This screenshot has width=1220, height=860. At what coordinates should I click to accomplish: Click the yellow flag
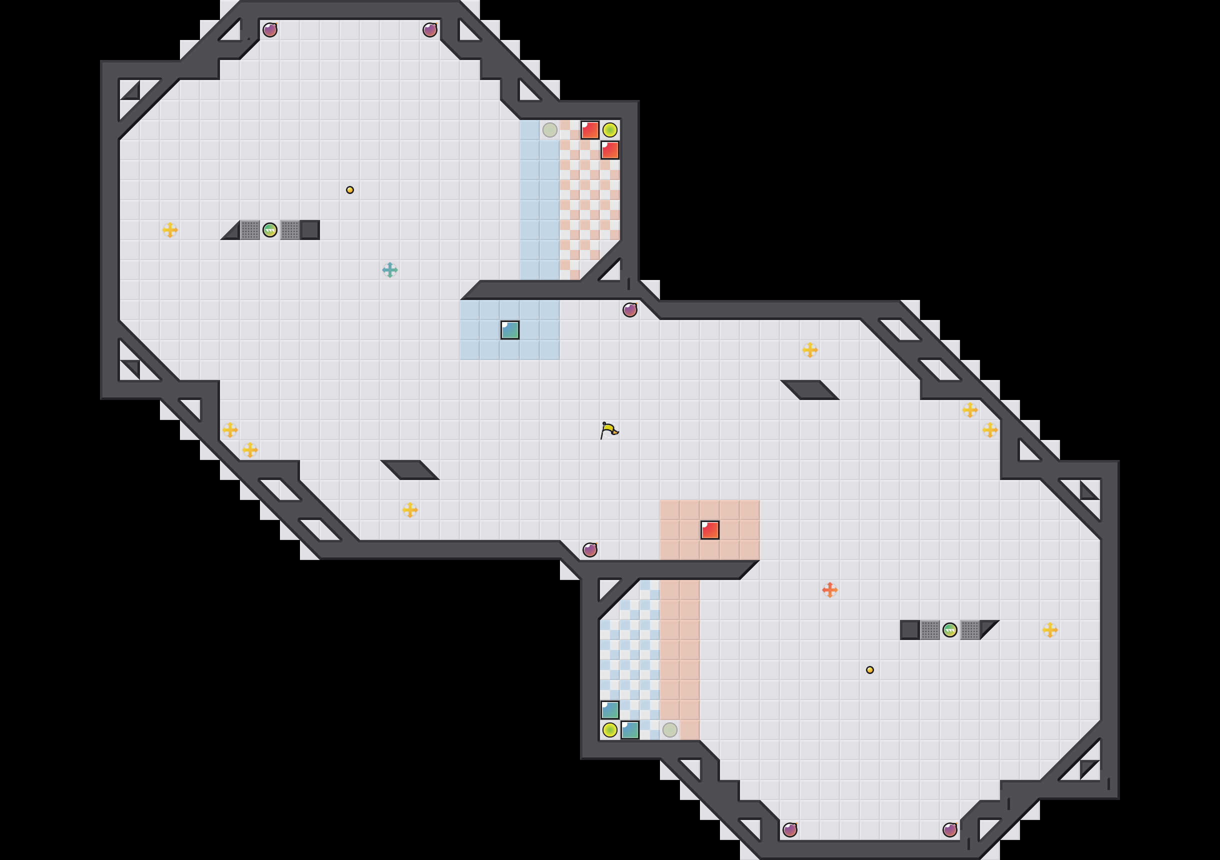[609, 430]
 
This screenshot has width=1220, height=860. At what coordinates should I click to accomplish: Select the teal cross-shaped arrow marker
[389, 270]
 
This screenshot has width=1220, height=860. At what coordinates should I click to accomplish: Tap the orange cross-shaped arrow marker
[829, 589]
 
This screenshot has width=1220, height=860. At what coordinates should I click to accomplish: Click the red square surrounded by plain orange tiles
[709, 530]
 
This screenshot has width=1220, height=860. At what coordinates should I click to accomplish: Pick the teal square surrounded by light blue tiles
[509, 330]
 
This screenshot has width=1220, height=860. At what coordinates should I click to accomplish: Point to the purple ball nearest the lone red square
[590, 549]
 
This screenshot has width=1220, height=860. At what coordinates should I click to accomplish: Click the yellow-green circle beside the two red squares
[609, 129]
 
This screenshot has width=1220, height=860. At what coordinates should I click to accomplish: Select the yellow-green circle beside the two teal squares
[609, 730]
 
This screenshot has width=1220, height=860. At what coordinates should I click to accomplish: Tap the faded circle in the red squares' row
[549, 129]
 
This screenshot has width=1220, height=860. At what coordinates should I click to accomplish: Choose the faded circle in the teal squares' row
[669, 730]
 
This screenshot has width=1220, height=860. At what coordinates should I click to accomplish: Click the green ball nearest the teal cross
[270, 230]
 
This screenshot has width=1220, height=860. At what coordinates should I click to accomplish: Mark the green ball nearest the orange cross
[949, 630]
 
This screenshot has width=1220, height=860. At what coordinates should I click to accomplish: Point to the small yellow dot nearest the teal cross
[349, 190]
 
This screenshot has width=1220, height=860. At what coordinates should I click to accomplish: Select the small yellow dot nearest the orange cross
[870, 669]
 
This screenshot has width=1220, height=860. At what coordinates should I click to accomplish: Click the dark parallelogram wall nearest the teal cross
[409, 470]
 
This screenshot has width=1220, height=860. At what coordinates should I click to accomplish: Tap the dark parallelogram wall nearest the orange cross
[810, 389]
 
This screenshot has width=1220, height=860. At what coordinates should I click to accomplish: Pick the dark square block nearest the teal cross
[310, 230]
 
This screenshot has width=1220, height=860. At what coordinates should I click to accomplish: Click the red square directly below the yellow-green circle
[609, 150]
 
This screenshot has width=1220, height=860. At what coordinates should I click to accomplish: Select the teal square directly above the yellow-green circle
[609, 709]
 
